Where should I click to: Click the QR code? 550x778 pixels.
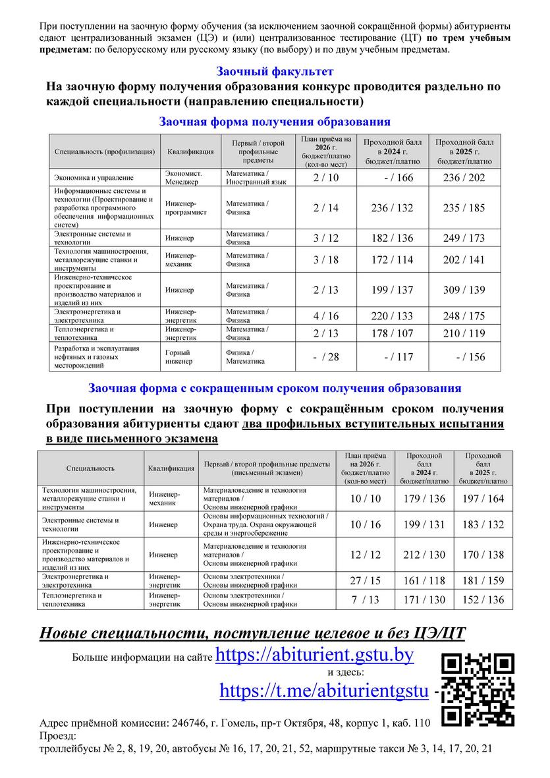pos(478,689)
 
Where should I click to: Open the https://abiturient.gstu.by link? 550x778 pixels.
pos(314,655)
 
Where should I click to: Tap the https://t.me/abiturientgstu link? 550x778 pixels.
pos(325,690)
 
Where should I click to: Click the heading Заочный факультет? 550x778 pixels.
pos(275,71)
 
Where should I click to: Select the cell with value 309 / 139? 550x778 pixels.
pos(464,290)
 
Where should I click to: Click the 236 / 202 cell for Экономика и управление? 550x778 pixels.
pos(464,178)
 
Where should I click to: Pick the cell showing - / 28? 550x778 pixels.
pos(325,356)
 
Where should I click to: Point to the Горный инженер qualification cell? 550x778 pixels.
pos(179,356)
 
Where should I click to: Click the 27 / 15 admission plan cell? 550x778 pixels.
pos(365,580)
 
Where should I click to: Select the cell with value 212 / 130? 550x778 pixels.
pos(424,555)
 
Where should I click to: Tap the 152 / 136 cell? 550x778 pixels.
pos(483,599)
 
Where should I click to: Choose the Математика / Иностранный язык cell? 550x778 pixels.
pos(256,178)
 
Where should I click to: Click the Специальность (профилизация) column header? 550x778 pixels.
pos(105,152)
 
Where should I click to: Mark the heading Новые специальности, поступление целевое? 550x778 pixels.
pos(252,633)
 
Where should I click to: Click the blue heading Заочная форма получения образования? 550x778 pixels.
pos(275,122)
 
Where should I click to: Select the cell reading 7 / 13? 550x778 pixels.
pos(365,599)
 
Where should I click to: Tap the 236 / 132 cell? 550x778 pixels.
pos(392,208)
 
